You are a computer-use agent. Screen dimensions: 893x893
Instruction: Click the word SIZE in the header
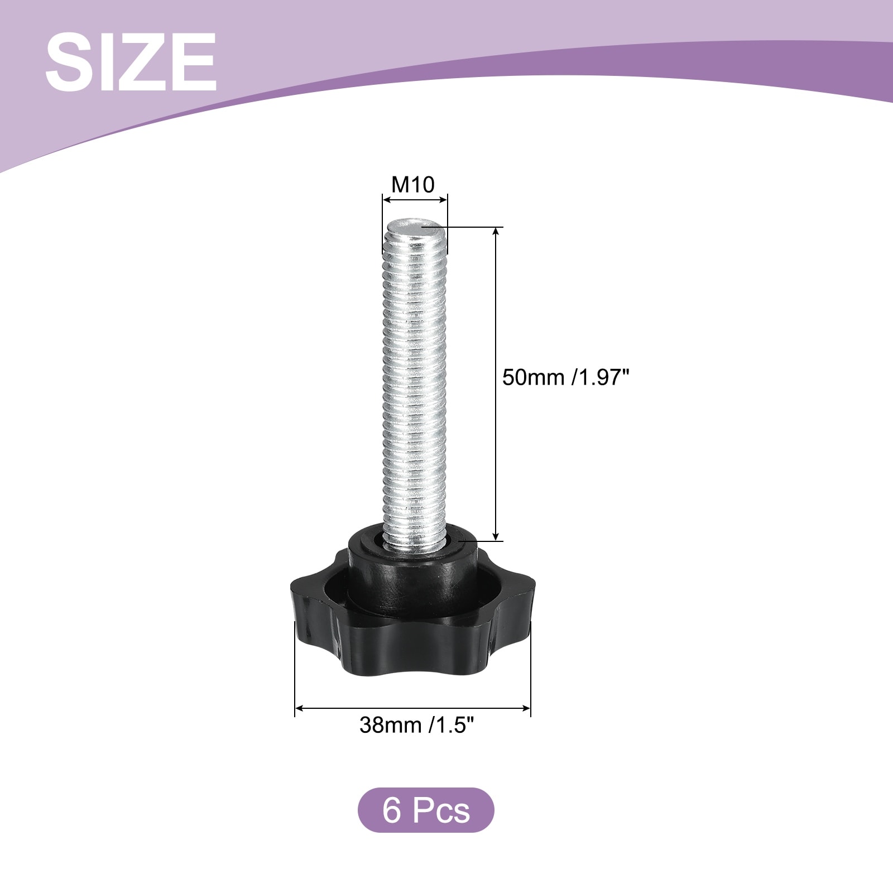click(x=131, y=62)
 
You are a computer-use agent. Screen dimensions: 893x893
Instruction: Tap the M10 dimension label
click(x=413, y=184)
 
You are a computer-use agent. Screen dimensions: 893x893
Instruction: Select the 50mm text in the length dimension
click(x=534, y=377)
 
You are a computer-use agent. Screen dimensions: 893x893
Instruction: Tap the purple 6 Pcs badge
click(x=426, y=810)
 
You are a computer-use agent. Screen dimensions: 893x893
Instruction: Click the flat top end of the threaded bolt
click(x=414, y=228)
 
